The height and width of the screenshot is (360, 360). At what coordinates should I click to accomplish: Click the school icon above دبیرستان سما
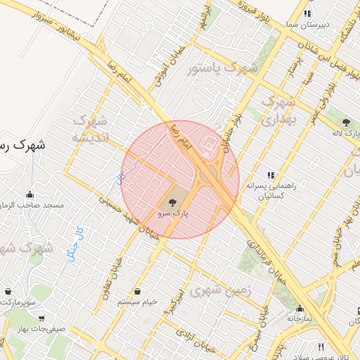(307, 13)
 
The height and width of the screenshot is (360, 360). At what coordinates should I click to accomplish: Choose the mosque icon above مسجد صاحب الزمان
(30, 195)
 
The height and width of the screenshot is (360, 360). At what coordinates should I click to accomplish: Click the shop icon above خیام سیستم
(139, 292)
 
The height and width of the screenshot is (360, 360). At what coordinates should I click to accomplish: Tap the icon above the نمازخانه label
(300, 307)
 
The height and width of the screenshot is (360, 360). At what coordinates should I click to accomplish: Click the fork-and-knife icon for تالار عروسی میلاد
(321, 347)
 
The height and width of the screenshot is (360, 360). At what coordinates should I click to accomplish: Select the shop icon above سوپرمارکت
(8, 291)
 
